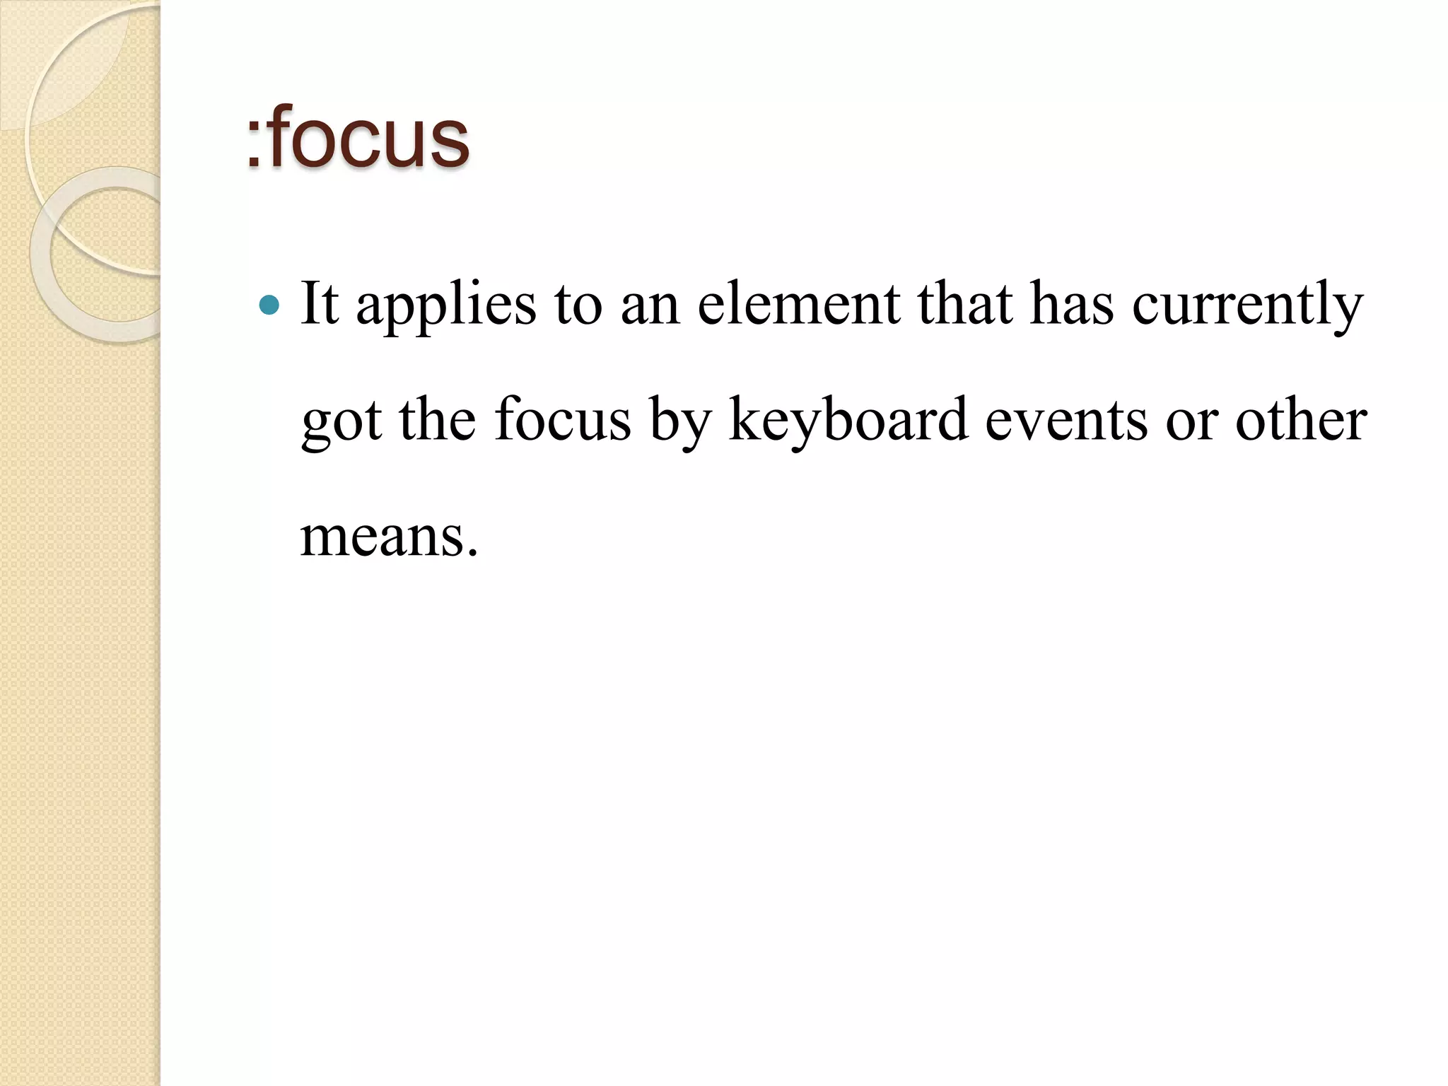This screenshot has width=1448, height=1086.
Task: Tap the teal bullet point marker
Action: point(269,305)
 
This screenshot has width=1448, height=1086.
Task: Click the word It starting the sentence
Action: point(320,304)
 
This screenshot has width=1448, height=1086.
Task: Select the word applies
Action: point(446,305)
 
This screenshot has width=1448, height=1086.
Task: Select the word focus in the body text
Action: point(562,420)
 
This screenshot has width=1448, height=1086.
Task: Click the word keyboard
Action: point(848,421)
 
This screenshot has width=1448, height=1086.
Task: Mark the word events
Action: point(1066,421)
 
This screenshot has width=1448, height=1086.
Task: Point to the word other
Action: point(1300,420)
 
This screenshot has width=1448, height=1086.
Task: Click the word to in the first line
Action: point(578,305)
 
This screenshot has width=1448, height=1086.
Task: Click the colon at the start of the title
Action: point(253,145)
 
